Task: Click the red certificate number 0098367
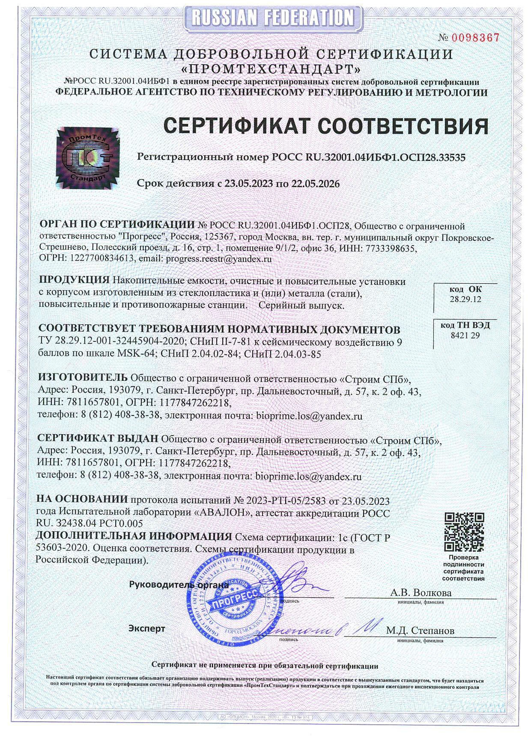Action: [x=475, y=38]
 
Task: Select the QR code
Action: [x=464, y=532]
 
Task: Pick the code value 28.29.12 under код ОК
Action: [x=465, y=299]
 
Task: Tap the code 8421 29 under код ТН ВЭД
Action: [x=465, y=335]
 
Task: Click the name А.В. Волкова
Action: [x=421, y=593]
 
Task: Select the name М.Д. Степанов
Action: [x=420, y=630]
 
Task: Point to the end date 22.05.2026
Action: [x=316, y=184]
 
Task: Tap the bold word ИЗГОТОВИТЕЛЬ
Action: [x=83, y=378]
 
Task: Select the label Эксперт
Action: [x=147, y=628]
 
